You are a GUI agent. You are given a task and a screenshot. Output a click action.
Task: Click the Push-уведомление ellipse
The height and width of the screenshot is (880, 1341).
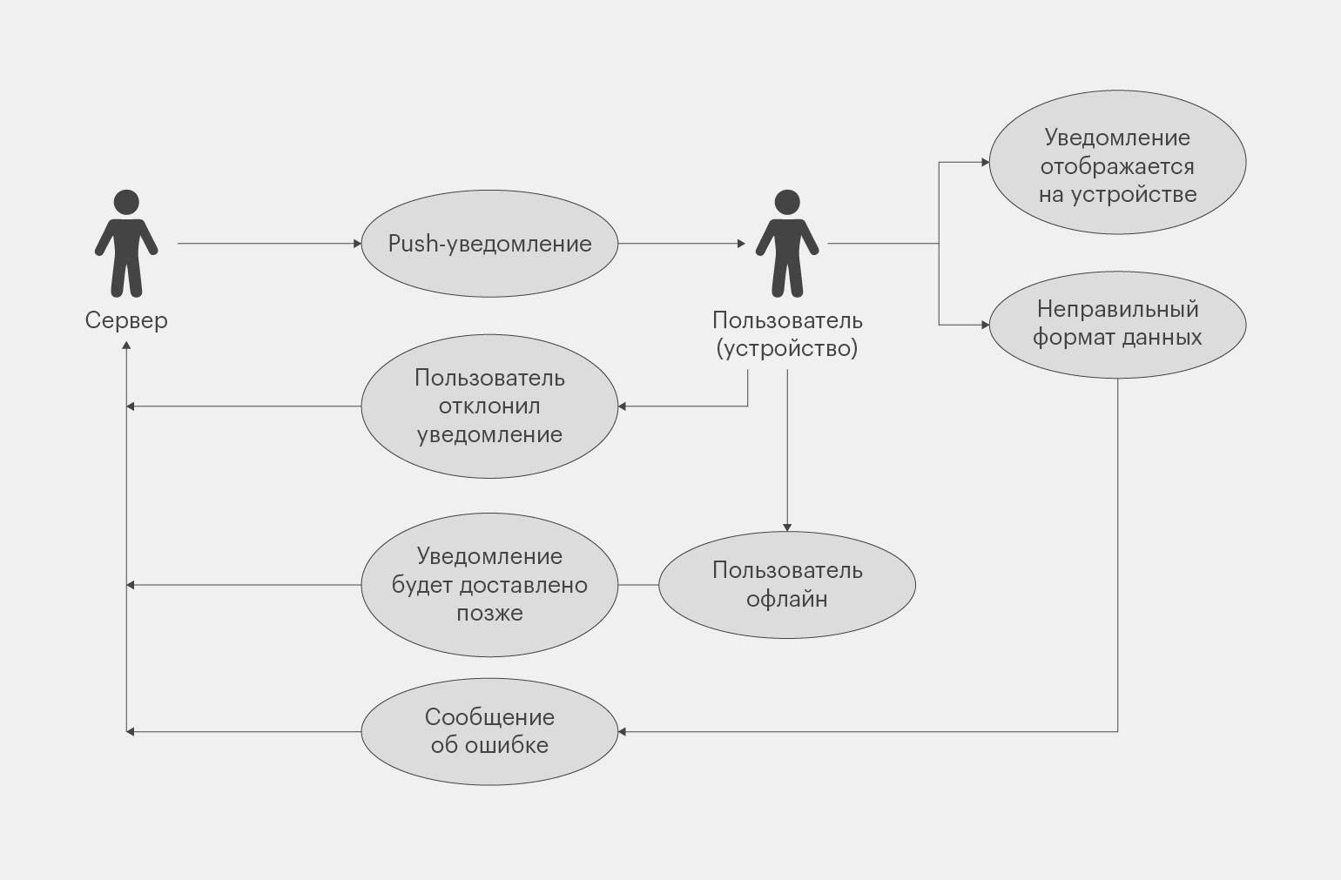point(489,244)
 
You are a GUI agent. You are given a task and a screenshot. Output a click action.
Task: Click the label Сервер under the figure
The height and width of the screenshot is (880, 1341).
point(126,320)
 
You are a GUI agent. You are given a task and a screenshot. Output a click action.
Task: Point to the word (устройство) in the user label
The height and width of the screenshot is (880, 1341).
point(787,349)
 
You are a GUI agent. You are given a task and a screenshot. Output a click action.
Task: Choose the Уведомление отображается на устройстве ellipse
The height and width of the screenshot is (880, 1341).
point(1117,165)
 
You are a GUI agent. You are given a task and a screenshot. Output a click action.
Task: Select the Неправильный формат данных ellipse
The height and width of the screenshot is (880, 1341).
point(1117,324)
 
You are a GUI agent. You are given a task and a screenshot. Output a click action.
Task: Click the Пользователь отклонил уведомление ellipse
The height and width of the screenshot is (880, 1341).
point(489,406)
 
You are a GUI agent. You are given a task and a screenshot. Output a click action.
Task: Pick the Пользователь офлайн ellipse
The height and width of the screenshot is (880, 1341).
point(787,585)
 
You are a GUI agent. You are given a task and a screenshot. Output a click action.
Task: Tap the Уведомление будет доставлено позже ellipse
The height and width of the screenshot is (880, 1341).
point(489,585)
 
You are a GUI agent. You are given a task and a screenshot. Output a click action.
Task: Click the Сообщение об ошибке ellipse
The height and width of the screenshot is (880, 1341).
point(489,731)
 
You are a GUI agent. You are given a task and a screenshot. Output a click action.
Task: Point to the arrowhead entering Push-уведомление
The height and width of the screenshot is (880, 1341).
point(357,244)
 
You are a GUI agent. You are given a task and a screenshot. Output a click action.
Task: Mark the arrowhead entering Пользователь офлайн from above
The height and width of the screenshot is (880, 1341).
point(787,527)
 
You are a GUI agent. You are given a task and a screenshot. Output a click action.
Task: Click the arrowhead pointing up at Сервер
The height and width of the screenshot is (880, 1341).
point(127,346)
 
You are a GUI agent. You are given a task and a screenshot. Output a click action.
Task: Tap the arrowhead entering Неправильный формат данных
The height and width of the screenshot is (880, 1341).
point(985,326)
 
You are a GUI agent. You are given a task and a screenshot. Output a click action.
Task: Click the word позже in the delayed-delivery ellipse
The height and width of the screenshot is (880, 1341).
point(489,613)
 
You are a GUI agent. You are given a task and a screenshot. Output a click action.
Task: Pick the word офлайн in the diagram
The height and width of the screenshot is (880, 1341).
point(787,599)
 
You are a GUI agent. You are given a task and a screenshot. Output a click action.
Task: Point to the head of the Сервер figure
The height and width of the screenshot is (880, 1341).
point(126,202)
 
